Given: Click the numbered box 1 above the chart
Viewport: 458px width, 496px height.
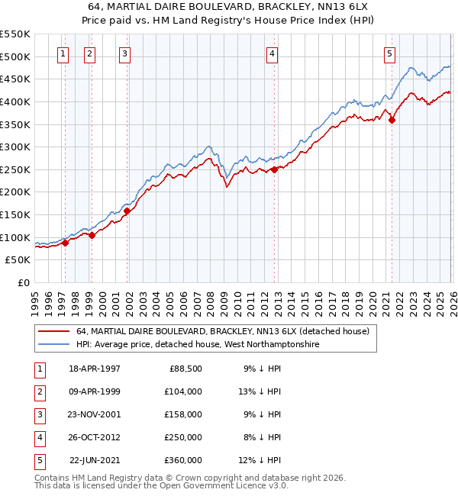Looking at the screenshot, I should pyautogui.click(x=62, y=53).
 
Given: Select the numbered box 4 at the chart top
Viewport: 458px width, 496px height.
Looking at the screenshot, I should pyautogui.click(x=272, y=53).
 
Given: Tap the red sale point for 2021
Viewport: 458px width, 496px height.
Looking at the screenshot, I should pyautogui.click(x=392, y=119).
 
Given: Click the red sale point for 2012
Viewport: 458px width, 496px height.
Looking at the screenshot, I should pyautogui.click(x=274, y=169).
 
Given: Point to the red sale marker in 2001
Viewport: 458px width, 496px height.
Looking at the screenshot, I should pyautogui.click(x=127, y=211).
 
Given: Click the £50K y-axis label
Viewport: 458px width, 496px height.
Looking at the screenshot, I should pyautogui.click(x=18, y=260).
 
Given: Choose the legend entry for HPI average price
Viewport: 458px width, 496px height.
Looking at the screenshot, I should pyautogui.click(x=198, y=344).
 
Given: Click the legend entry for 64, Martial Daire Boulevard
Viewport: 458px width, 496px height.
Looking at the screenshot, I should pyautogui.click(x=222, y=331).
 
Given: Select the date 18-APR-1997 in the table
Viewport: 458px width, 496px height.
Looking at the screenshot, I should pyautogui.click(x=95, y=369).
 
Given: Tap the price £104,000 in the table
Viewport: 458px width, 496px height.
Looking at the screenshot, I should pyautogui.click(x=182, y=391).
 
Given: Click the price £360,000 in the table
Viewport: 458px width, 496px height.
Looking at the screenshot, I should pyautogui.click(x=182, y=460).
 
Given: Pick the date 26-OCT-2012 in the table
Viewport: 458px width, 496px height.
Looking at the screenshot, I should pyautogui.click(x=95, y=437).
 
